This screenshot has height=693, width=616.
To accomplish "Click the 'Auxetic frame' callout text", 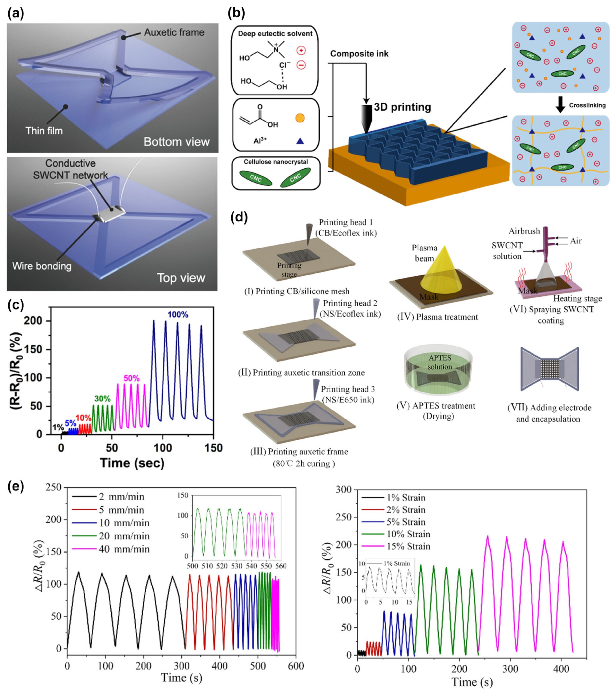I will coord(174,32).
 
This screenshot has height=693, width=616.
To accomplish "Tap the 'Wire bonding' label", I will coord(42,266).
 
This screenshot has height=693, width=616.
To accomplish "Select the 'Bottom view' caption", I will coord(177,141).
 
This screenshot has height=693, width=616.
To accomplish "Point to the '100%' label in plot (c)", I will coord(178,315).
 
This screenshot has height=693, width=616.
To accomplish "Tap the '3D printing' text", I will coord(402,107).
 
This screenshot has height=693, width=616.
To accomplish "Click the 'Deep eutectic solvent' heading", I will coord(275,34).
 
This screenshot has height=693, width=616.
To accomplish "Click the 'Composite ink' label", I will coord(359,54).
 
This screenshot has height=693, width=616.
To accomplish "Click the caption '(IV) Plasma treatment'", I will coord(437,317).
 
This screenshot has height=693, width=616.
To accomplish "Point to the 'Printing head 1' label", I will coord(346,222).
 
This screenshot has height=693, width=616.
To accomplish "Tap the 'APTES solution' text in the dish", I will coord(439,362).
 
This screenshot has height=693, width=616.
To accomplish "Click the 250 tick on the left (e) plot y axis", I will coord(55,487).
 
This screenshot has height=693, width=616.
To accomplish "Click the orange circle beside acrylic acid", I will coord(300,118).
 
